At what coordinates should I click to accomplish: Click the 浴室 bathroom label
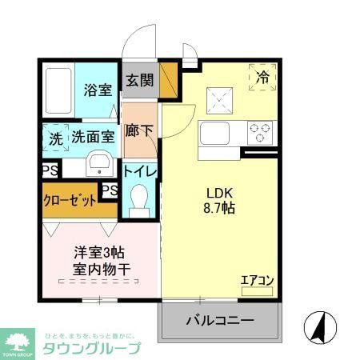coord(98,90)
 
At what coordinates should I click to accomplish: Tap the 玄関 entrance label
coord(138,80)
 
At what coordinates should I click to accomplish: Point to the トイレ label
coord(139,172)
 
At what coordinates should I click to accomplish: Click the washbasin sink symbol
coord(101,165)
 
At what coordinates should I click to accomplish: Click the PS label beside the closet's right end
coord(109,190)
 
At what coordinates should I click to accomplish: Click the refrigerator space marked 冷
coord(262,78)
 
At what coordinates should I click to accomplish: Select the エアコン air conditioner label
coord(258,279)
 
